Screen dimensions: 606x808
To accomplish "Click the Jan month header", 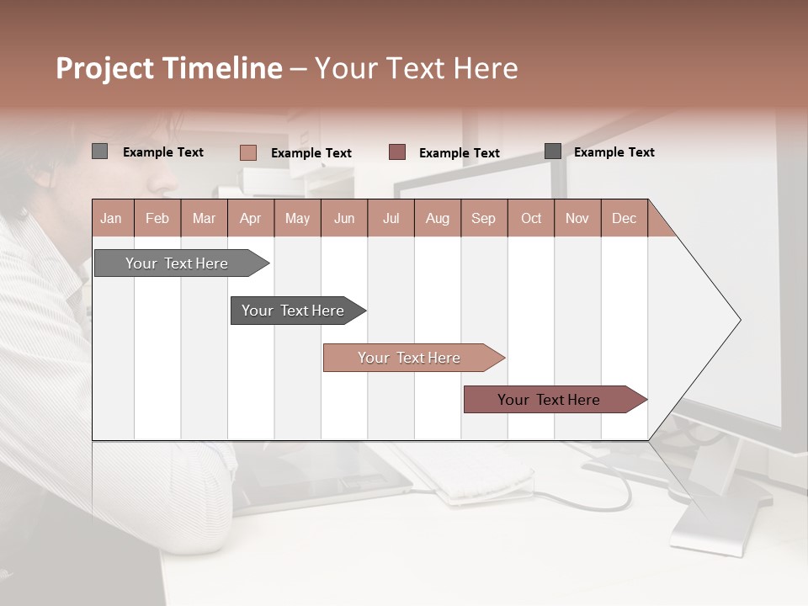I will (112, 219).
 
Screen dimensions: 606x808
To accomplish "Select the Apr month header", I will (250, 219).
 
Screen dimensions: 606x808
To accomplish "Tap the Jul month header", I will (391, 219).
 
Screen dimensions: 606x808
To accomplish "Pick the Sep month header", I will (483, 219).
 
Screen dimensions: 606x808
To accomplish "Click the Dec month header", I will (624, 219).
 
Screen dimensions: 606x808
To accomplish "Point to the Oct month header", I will (531, 219).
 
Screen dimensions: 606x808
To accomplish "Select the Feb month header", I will (157, 219).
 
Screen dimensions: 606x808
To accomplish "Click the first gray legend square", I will (99, 151).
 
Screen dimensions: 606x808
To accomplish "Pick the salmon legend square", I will (247, 152).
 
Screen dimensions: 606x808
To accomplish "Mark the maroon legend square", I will (397, 152).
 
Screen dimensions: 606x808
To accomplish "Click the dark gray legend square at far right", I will (553, 151).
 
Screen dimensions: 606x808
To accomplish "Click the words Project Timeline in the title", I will (168, 68).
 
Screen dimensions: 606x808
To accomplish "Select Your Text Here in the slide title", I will (416, 68).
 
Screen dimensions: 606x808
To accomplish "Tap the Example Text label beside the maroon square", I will (459, 153).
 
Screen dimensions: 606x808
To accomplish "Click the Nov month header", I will (577, 219).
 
